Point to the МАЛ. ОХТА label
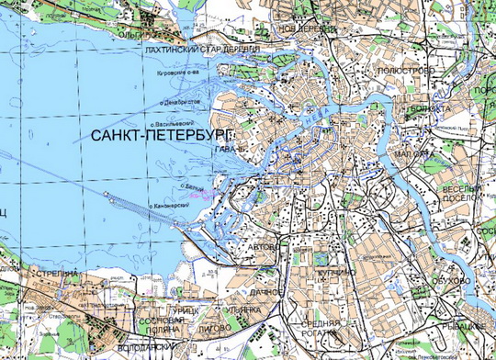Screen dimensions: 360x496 [x=412, y=153]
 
